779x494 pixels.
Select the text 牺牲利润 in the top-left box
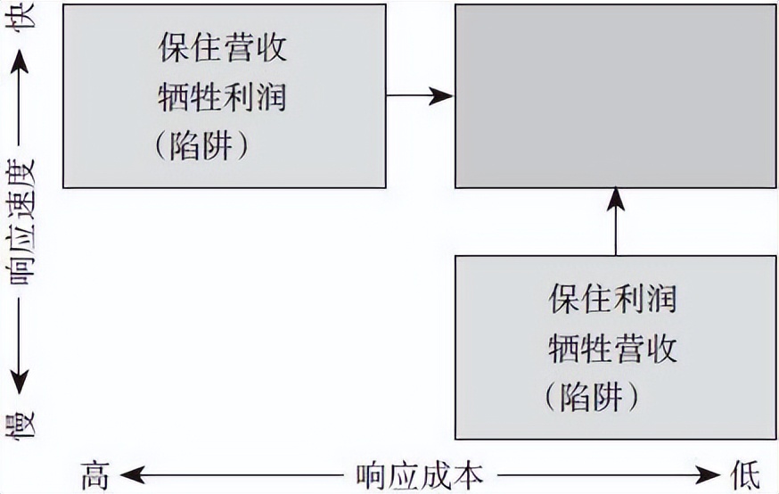tap(222, 96)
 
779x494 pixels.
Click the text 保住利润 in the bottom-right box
tap(612, 298)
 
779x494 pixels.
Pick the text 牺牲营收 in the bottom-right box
tap(612, 347)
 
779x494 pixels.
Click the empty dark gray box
tap(615, 96)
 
